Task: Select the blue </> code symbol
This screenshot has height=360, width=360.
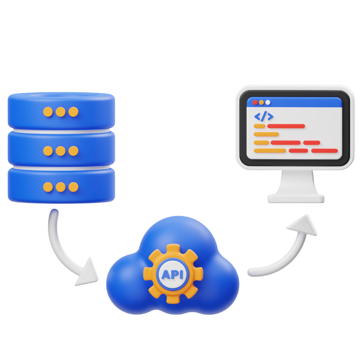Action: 264,116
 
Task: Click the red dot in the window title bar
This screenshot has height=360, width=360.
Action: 255,102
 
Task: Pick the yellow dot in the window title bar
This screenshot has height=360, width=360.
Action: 261,102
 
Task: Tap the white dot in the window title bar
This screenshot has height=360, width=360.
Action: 267,102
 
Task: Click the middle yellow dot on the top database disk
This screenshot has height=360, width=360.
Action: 60,112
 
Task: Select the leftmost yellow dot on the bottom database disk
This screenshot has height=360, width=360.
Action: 48,187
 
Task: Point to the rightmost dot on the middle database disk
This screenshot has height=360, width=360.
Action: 73,150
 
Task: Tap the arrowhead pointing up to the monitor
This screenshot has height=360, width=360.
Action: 304,226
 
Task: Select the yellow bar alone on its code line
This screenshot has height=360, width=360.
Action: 266,134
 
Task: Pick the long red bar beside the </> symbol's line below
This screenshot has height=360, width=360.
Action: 286,126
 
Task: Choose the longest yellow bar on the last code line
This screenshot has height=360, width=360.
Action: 270,150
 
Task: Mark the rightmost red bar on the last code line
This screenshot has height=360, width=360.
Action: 324,150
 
